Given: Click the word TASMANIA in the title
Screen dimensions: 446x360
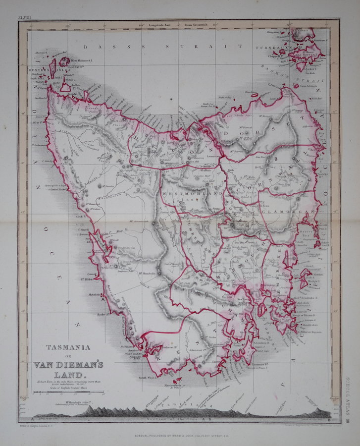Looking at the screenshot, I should pos(67,348).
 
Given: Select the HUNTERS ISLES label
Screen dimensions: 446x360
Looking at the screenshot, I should pos(37,71).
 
